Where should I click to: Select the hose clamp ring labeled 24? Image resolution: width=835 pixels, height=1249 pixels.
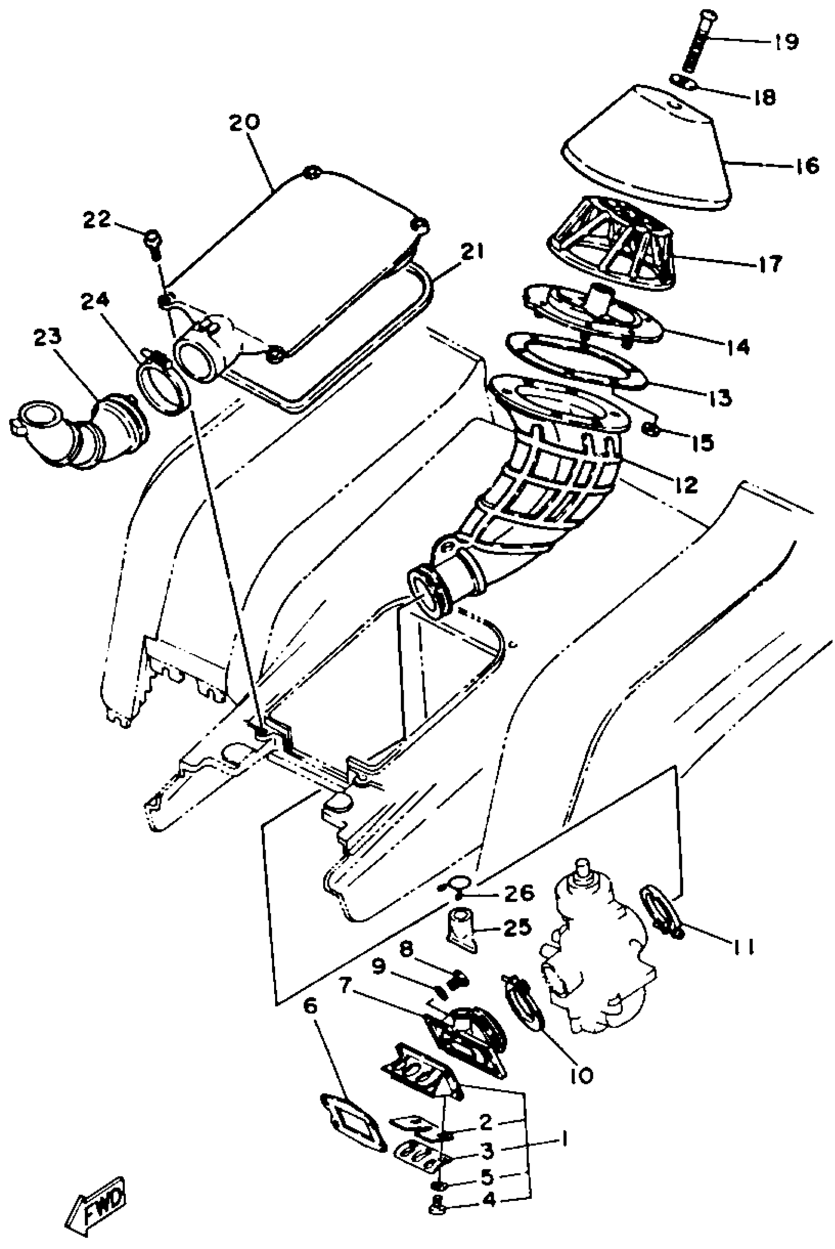[165, 382]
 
